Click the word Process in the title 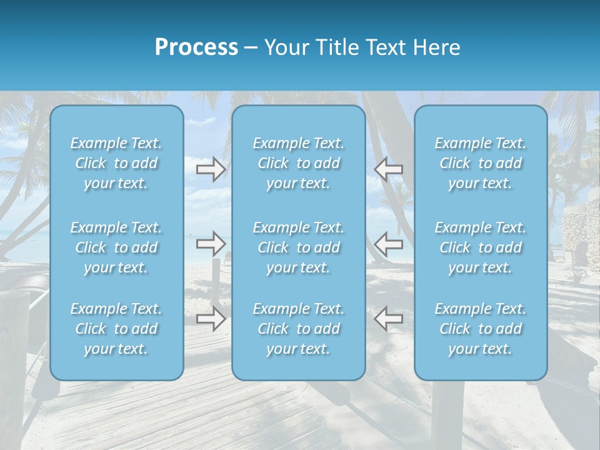pyautogui.click(x=196, y=47)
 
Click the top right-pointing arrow pyautogui.click(x=211, y=169)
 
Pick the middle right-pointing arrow pyautogui.click(x=211, y=243)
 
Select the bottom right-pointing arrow pyautogui.click(x=211, y=318)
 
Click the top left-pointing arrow pyautogui.click(x=389, y=169)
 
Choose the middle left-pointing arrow pyautogui.click(x=389, y=243)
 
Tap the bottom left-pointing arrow pyautogui.click(x=389, y=318)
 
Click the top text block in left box pyautogui.click(x=116, y=163)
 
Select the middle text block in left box pyautogui.click(x=116, y=247)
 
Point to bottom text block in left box pyautogui.click(x=116, y=329)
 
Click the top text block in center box pyautogui.click(x=298, y=163)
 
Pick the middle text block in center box pyautogui.click(x=298, y=247)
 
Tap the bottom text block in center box pyautogui.click(x=298, y=329)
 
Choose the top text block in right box pyautogui.click(x=480, y=163)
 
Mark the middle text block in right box pyautogui.click(x=480, y=247)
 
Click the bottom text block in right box pyautogui.click(x=480, y=329)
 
